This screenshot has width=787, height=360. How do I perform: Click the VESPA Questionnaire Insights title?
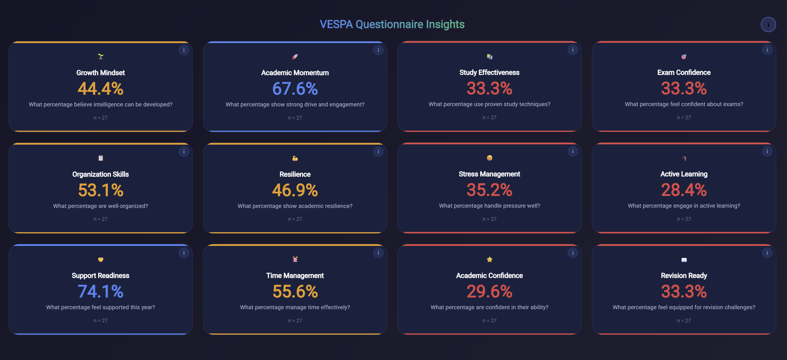click(392, 24)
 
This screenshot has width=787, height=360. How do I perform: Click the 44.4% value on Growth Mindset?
click(100, 89)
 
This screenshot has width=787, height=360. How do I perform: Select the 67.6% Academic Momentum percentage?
click(295, 89)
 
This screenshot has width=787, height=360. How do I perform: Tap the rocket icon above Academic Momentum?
click(295, 56)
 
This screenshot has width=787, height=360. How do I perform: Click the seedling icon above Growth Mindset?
click(100, 56)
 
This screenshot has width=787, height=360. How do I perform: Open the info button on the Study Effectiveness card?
click(573, 50)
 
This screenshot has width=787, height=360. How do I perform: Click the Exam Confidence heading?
click(684, 72)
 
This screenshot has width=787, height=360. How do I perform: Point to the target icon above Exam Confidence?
click(684, 56)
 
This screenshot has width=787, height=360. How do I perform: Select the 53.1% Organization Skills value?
click(100, 190)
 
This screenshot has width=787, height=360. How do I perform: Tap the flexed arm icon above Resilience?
click(295, 158)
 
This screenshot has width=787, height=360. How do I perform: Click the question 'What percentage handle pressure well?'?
click(489, 206)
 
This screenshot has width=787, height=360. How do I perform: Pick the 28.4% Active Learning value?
click(684, 190)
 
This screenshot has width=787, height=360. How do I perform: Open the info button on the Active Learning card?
click(767, 151)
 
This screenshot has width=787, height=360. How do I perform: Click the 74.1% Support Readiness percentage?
click(100, 291)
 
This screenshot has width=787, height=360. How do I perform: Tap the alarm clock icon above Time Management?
click(295, 259)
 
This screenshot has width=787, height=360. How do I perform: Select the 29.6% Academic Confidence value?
click(489, 291)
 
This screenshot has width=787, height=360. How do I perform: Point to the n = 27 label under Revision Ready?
click(684, 321)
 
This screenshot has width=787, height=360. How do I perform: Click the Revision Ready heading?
click(684, 275)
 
